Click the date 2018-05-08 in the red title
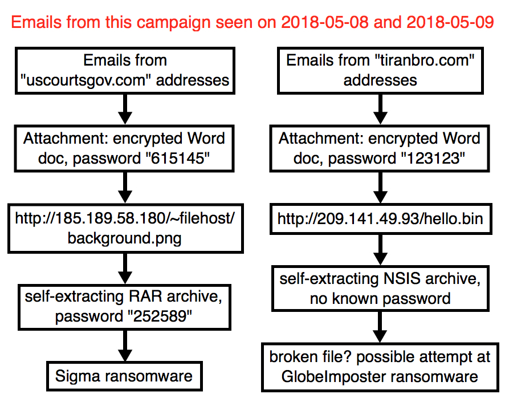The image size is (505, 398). [325, 22]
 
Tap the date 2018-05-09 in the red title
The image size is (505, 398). [450, 22]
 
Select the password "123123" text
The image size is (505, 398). [433, 159]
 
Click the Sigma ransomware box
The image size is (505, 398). [124, 376]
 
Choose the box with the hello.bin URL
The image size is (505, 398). [381, 219]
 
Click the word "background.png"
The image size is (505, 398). [125, 238]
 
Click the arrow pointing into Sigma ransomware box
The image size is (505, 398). [125, 346]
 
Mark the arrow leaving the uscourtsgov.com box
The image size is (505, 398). [125, 109]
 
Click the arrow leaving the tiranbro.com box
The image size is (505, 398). [380, 109]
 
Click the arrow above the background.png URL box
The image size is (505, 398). [125, 187]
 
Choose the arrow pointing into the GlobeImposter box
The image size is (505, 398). [380, 327]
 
